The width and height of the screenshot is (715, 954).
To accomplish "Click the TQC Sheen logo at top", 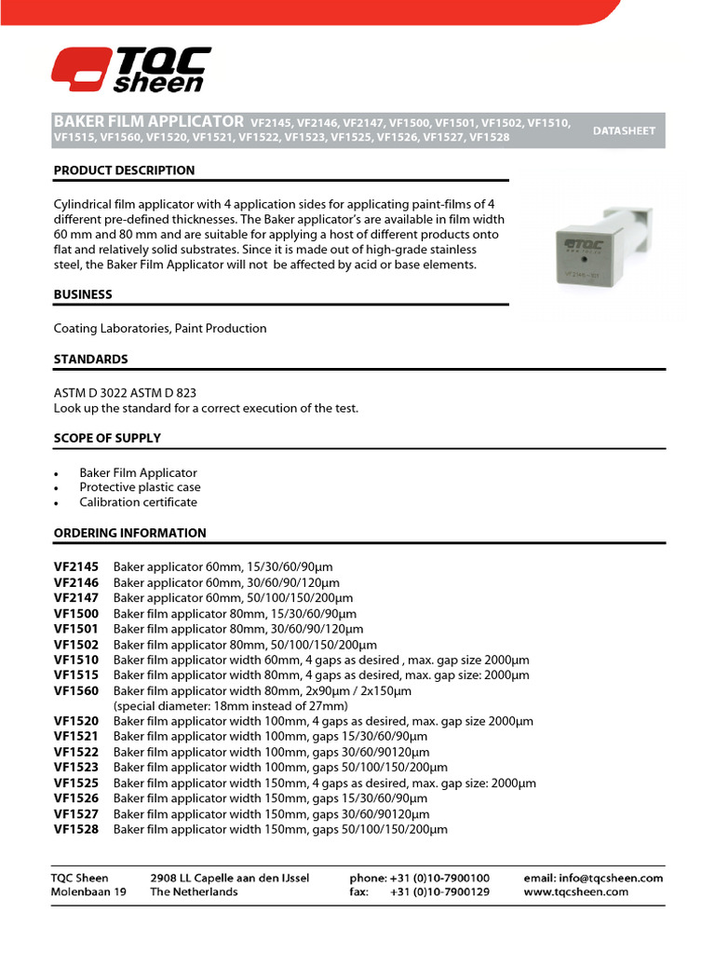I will pos(130,70).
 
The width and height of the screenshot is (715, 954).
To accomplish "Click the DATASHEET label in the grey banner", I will pos(625,130).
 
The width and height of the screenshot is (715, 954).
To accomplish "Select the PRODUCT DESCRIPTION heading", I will pos(124,170).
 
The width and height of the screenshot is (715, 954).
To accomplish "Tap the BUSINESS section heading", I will pos(83,294).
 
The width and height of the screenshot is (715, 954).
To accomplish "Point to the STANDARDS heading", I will pos(90,359).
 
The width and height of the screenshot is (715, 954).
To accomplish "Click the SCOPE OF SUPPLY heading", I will pos(107,438).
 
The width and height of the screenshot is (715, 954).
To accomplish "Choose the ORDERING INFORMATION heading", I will pos(129,533).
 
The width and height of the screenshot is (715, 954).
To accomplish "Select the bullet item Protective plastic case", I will pos(140,487).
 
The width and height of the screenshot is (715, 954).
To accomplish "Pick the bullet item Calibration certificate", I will pos(138,502).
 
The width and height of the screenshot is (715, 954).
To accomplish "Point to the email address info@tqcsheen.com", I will pos(593,878).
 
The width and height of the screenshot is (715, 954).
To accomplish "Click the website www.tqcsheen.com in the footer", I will pos(575,892).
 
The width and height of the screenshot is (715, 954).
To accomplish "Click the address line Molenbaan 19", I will pos(88,892).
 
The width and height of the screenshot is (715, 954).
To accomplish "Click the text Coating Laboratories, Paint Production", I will pos(160,328).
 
